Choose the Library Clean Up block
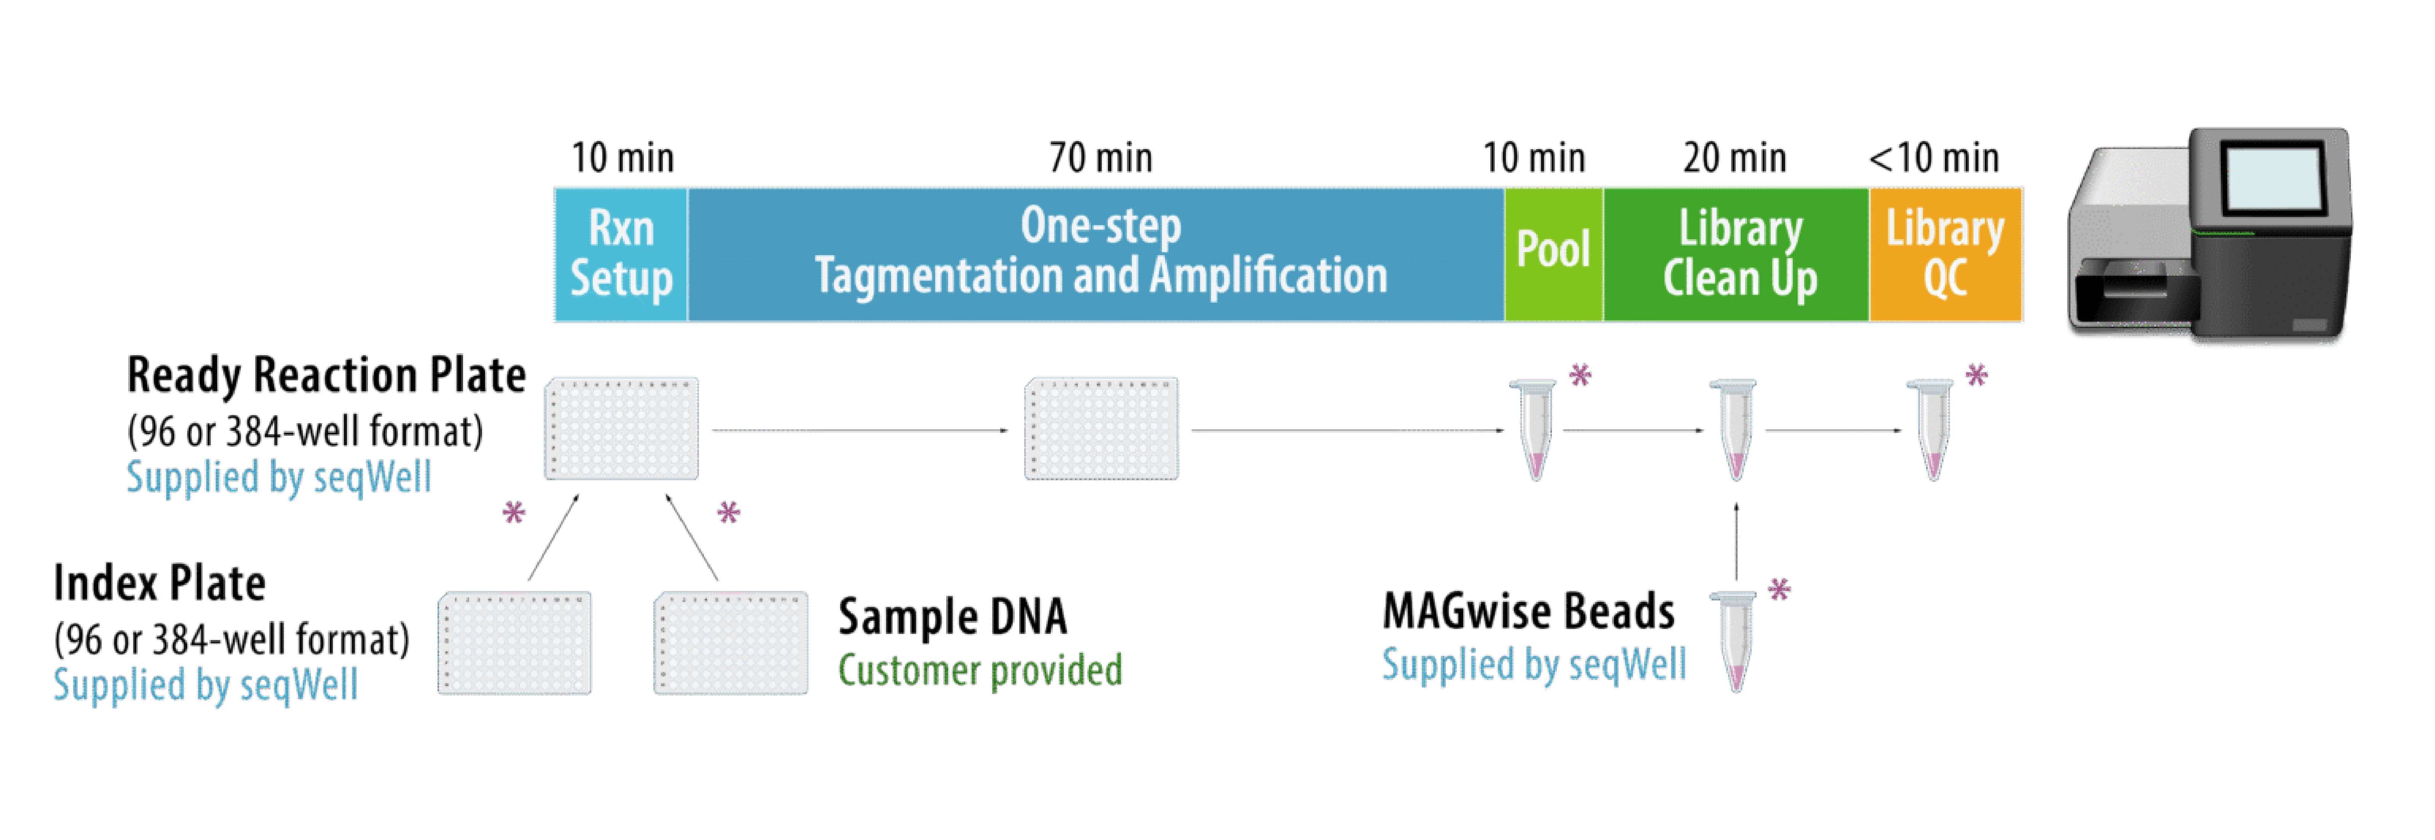(x=1736, y=254)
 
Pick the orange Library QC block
(x=1945, y=254)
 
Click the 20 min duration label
(x=1735, y=158)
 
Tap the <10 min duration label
(x=1934, y=158)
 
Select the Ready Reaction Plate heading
(x=326, y=376)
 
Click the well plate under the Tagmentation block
(x=1101, y=429)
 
